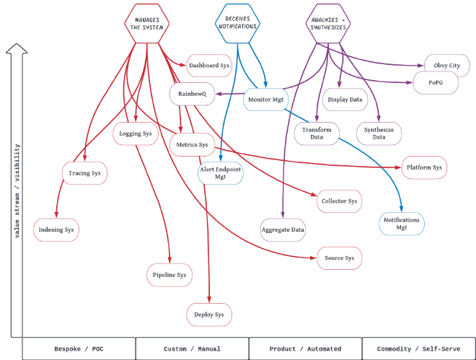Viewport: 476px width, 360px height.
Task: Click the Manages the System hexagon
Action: pos(147,23)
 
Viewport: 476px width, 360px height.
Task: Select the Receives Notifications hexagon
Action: pos(237,23)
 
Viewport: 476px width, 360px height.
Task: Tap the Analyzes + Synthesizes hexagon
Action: pos(329,23)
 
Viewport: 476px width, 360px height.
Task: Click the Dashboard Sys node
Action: pos(209,66)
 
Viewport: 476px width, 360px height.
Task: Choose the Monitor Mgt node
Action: pos(265,99)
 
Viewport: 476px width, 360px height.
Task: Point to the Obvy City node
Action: pos(447,66)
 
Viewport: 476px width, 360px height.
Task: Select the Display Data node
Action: pos(345,99)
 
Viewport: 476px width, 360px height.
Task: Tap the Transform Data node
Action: pos(317,133)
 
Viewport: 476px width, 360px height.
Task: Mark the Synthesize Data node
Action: pos(379,133)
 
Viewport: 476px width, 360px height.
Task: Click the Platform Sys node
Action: pos(424,167)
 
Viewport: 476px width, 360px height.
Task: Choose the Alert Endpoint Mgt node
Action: pos(221,172)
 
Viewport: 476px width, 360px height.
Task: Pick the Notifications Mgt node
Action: pos(402,224)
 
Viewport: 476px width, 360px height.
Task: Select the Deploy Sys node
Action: pos(209,315)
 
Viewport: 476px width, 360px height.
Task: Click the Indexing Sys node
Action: pos(56,230)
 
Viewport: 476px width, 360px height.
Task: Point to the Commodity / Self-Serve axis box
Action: pos(418,348)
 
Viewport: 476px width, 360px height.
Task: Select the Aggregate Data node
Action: pos(283,229)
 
